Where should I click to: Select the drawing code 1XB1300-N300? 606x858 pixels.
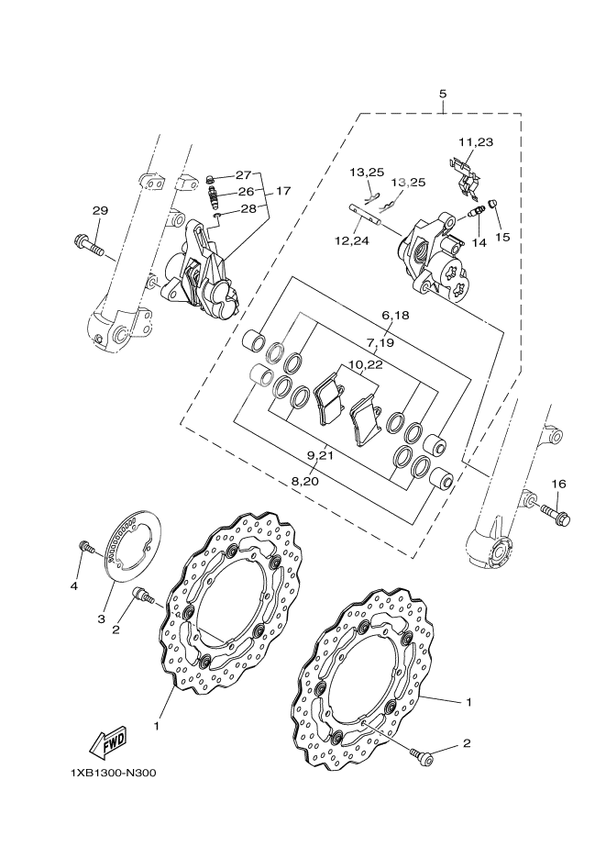(112, 772)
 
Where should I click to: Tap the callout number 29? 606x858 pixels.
(100, 211)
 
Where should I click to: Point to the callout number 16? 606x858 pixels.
(558, 484)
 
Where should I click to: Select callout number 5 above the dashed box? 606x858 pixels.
(443, 95)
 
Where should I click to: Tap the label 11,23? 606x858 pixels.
(476, 142)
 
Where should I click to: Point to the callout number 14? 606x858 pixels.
(479, 243)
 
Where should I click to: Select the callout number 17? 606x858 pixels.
(282, 191)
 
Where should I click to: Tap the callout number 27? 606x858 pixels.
(243, 174)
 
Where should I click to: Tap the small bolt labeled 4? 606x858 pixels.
(84, 547)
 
